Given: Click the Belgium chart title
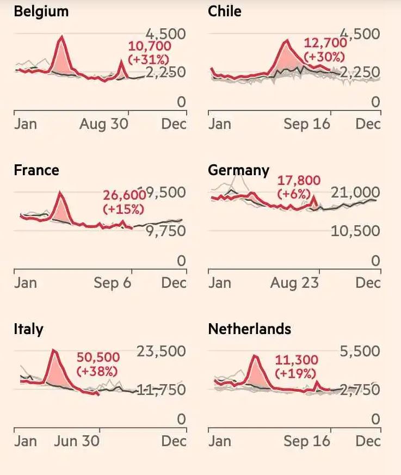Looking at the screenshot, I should [x=41, y=11].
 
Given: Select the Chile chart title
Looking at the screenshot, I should [x=224, y=11].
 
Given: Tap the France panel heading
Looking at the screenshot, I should [x=36, y=170].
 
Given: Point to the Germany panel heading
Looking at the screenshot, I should [x=238, y=170].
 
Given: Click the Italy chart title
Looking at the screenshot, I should [x=28, y=329].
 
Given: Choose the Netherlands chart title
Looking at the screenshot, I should [x=249, y=329].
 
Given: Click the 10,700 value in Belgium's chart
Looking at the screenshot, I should [x=149, y=47].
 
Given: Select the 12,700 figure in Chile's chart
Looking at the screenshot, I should [x=325, y=44].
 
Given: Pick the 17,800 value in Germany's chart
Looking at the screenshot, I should [x=299, y=181].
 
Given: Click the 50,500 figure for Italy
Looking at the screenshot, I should [x=97, y=358].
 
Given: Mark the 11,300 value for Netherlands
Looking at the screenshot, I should [x=297, y=360].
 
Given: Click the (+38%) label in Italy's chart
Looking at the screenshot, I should [x=97, y=372].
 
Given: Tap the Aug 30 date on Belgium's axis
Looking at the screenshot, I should [x=104, y=124].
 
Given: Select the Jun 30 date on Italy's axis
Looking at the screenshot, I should [x=77, y=441].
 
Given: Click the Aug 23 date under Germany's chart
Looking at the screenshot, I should [x=294, y=283].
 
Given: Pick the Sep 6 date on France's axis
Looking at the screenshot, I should [x=112, y=283].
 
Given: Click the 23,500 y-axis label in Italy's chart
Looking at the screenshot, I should [x=161, y=351].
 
